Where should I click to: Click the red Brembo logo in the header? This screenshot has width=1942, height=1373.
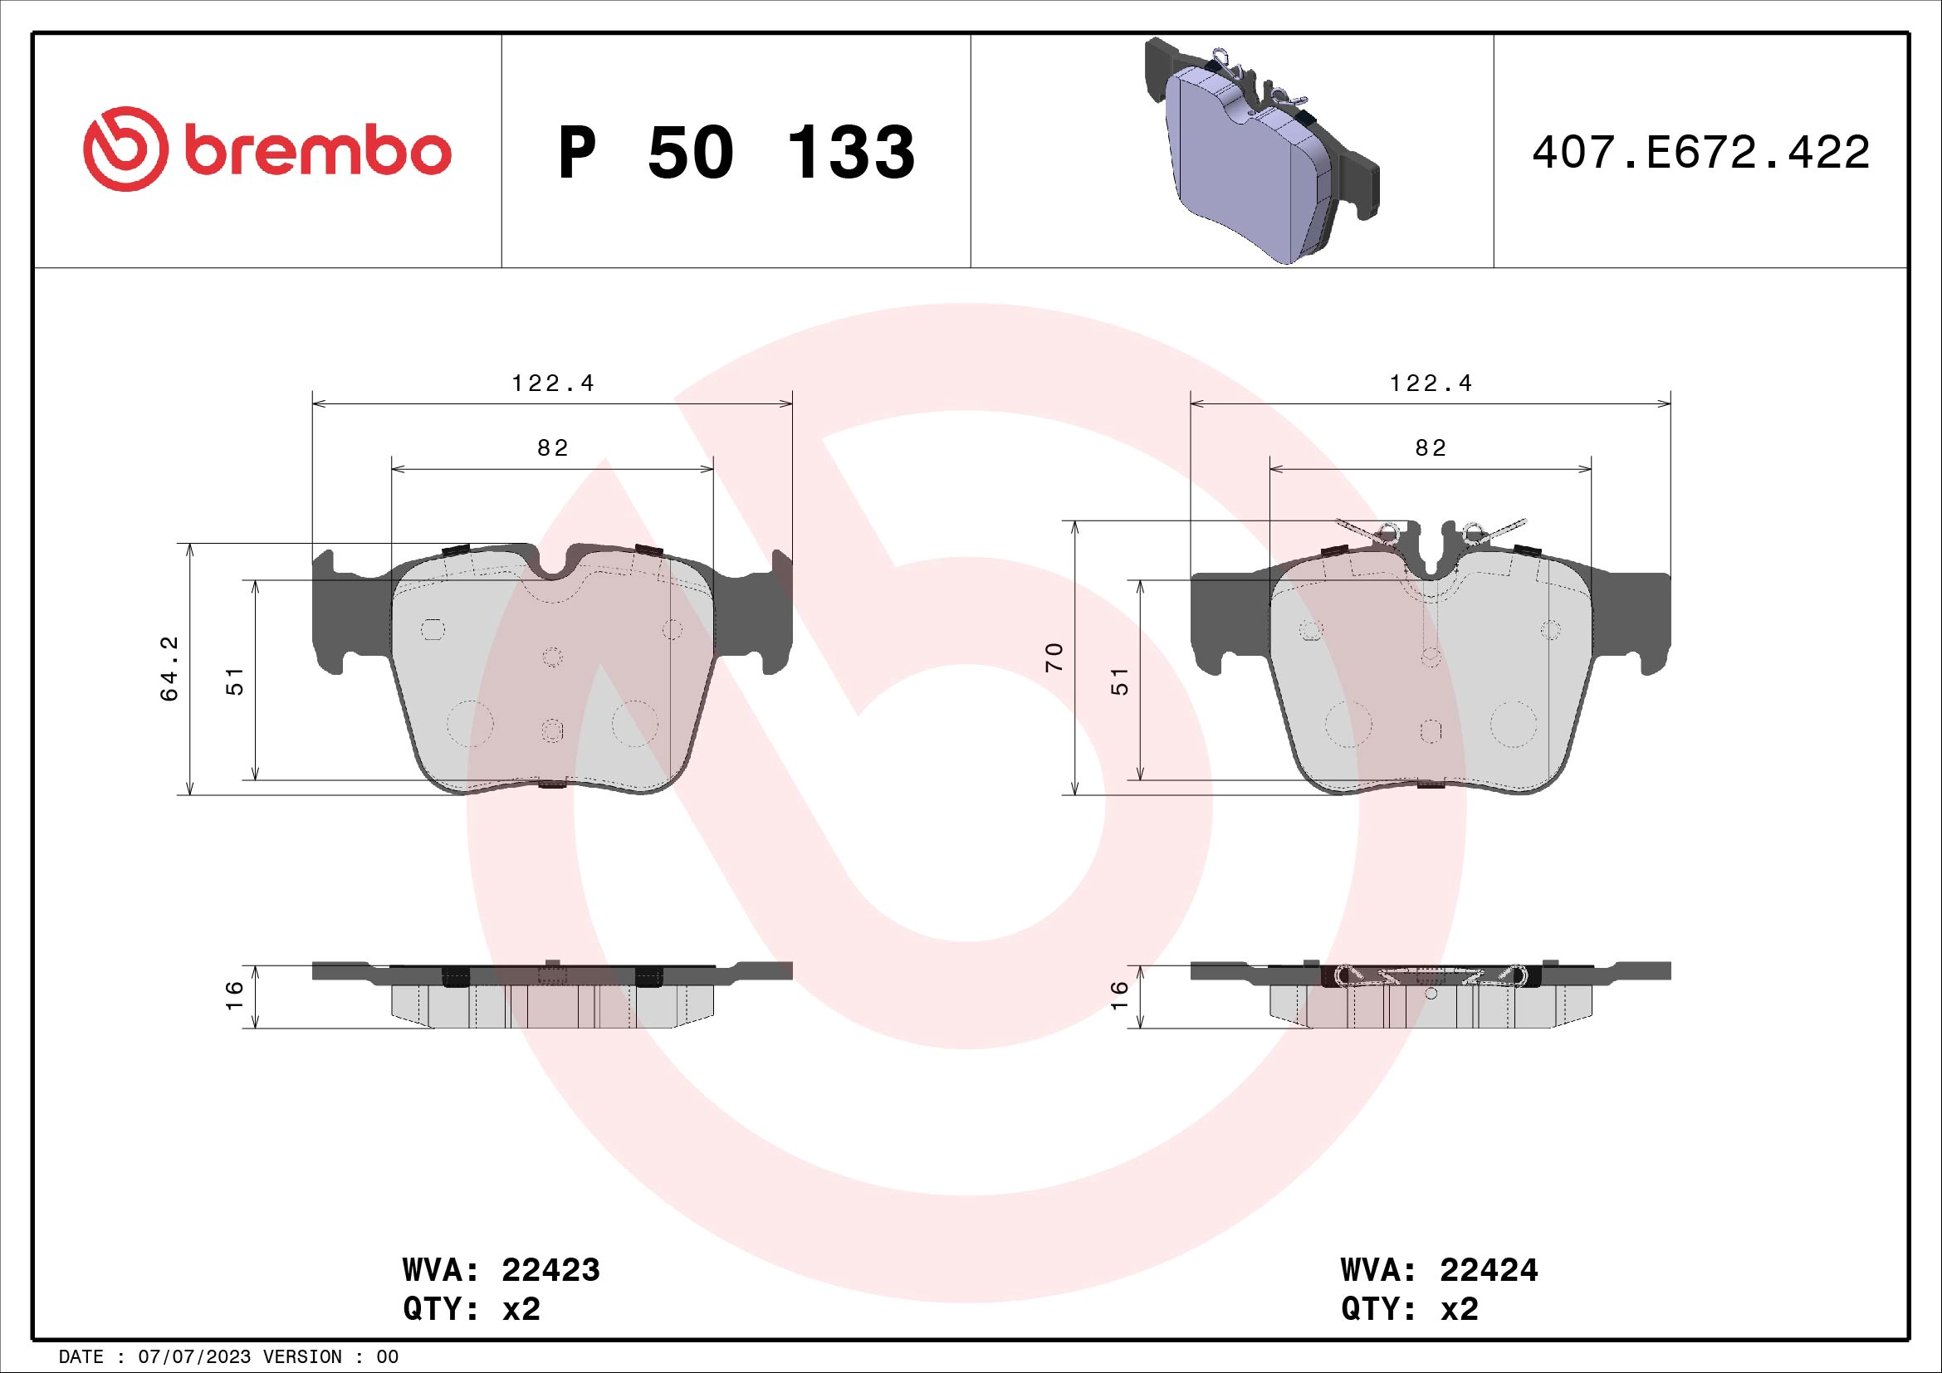tap(267, 149)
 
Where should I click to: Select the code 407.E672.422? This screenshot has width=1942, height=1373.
tap(1700, 153)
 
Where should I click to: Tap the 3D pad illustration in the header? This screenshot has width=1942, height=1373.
tap(1260, 152)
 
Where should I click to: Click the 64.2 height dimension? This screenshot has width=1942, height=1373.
tap(169, 668)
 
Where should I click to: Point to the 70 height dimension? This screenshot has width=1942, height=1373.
tap(1054, 657)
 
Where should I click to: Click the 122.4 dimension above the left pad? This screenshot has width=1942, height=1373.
tap(553, 384)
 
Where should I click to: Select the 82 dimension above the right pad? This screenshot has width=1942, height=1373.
tap(1431, 448)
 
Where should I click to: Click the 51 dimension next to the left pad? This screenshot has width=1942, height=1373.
tap(235, 681)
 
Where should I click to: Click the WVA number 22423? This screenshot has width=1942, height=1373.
tap(550, 1270)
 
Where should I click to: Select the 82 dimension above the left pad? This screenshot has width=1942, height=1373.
tap(553, 448)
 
